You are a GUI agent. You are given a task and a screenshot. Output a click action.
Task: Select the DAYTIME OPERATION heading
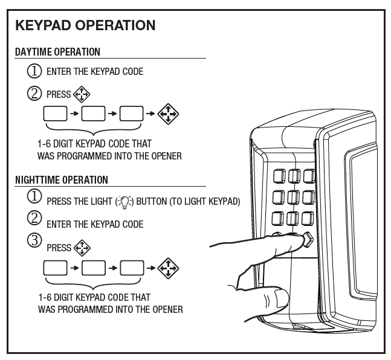click(x=57, y=52)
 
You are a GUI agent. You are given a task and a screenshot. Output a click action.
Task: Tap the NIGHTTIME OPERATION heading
click(x=62, y=180)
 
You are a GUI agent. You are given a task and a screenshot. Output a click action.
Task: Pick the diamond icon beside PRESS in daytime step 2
click(x=80, y=95)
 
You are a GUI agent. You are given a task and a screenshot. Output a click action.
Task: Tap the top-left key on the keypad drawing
click(x=280, y=176)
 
